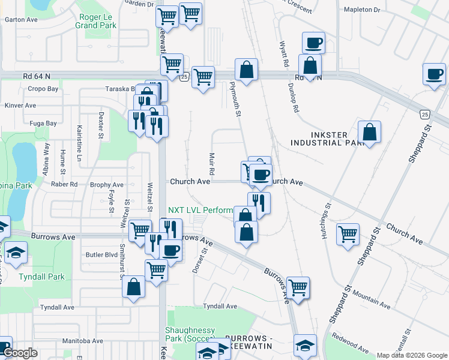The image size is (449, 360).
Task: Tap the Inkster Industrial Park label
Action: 327,139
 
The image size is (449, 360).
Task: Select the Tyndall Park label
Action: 41,277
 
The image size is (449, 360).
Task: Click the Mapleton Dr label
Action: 362,10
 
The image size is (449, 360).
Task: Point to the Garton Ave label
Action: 21,19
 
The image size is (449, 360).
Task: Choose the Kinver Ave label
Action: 20,105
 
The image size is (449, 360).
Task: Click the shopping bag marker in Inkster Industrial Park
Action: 370,133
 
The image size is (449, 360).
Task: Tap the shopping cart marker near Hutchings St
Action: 348,235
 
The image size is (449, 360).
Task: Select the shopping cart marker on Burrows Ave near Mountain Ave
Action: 298,288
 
